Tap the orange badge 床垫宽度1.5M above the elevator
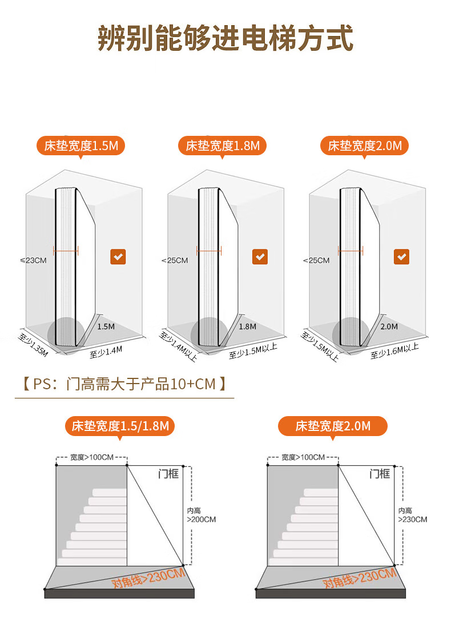(81, 146)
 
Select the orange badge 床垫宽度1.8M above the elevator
(223, 146)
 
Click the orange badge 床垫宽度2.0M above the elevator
(365, 146)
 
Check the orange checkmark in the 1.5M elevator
(118, 257)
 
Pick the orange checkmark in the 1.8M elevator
(260, 257)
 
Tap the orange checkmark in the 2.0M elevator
(402, 257)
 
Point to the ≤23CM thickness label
(33, 260)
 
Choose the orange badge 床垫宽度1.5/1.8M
(120, 426)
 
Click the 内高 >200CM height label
(201, 515)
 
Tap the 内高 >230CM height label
(412, 515)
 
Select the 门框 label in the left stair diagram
(168, 474)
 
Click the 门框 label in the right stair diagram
(379, 474)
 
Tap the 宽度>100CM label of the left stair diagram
(91, 457)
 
